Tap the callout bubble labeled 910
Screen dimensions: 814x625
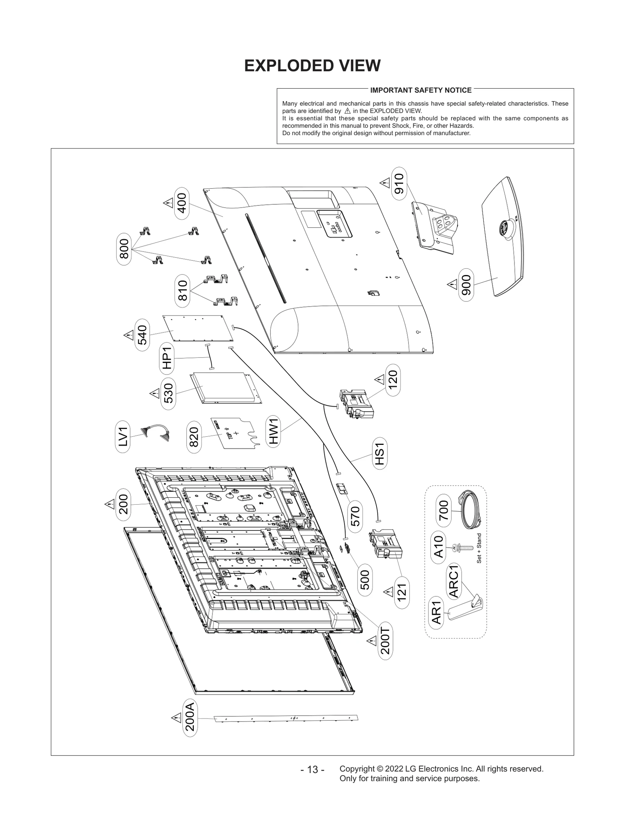399,183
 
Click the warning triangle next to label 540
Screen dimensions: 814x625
128,335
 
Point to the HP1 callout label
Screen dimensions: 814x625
167,358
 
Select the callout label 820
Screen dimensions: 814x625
194,437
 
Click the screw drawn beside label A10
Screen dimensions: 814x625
461,548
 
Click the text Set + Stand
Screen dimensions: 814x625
479,548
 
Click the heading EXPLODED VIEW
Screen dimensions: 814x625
312,66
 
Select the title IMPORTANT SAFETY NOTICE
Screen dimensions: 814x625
421,90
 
